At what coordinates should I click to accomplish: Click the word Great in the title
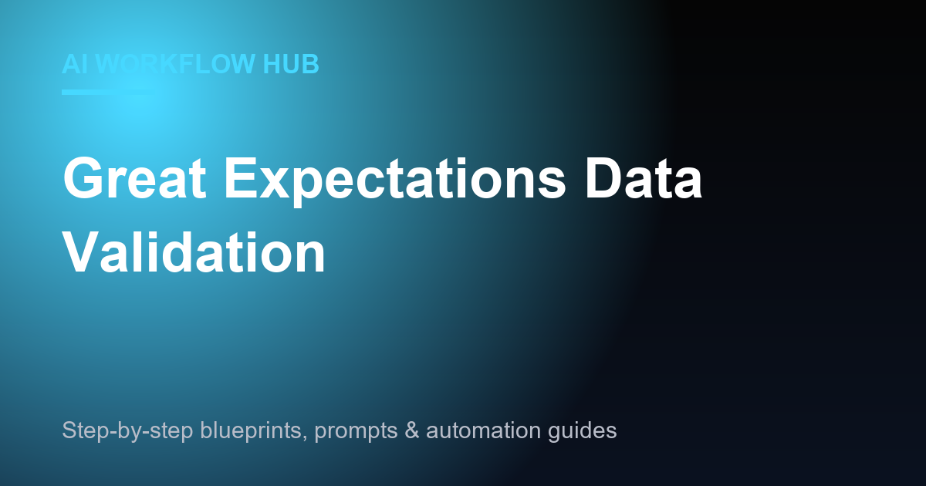[x=134, y=178]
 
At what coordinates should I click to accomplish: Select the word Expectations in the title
[x=395, y=182]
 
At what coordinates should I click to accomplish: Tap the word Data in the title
[x=644, y=178]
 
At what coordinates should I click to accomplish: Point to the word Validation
[x=194, y=251]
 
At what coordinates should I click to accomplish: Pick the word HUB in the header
[x=291, y=64]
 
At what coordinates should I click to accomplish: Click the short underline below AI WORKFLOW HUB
[x=108, y=92]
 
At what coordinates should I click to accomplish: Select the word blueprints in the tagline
[x=252, y=431]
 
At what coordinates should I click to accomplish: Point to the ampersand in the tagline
[x=412, y=430]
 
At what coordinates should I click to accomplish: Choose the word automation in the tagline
[x=483, y=430]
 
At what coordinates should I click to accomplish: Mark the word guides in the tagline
[x=583, y=431]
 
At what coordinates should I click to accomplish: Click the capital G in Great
[x=83, y=178]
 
